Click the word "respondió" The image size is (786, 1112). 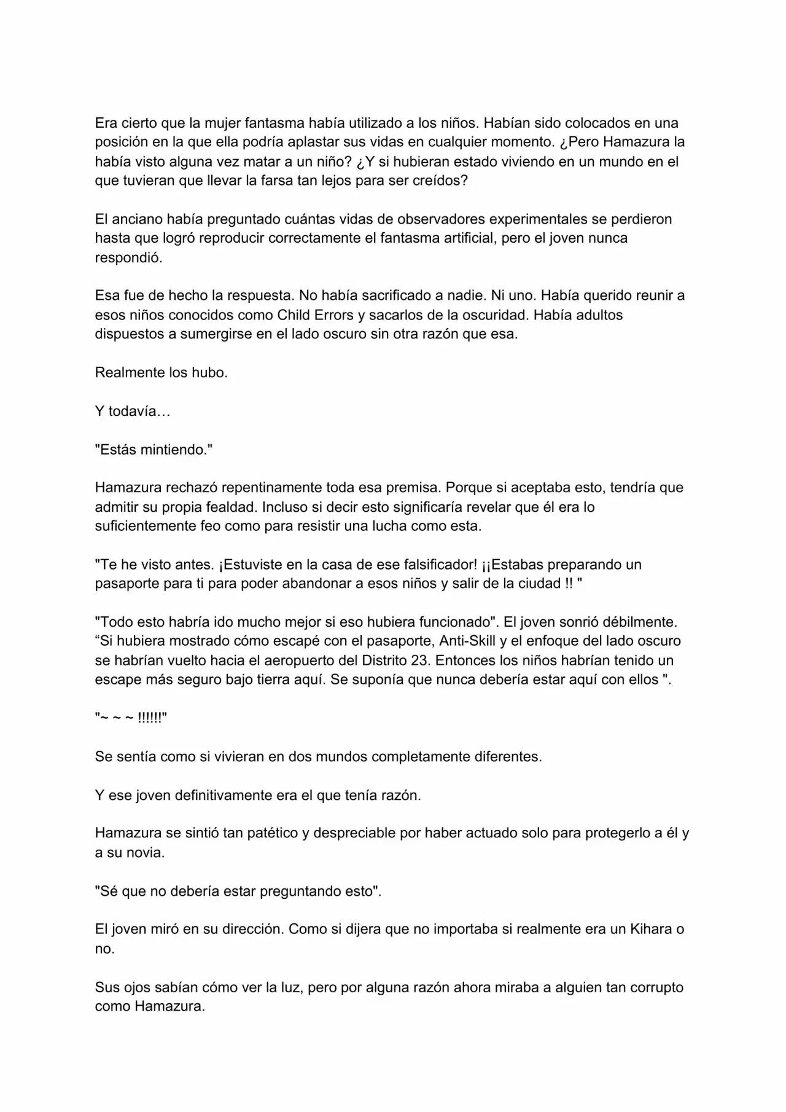128,257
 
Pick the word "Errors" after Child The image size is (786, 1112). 333,315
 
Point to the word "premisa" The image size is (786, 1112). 413,488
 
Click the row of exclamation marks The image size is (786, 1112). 149,718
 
